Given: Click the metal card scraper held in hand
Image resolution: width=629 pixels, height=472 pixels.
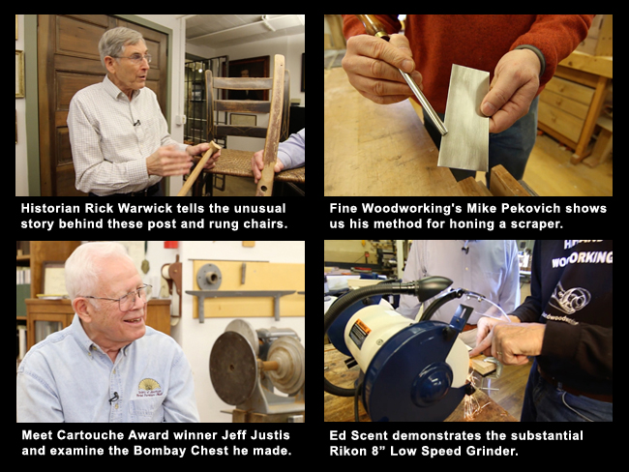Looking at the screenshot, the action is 464,118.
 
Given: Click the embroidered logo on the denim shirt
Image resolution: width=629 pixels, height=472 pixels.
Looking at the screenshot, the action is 149,388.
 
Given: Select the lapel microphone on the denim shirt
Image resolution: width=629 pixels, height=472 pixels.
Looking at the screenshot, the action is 114,398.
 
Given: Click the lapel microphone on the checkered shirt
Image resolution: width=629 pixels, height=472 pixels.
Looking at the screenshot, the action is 136,123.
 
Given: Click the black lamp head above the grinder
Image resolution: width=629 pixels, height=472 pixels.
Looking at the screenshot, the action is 434,288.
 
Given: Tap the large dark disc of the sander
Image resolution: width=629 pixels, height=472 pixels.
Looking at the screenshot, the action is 233,369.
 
